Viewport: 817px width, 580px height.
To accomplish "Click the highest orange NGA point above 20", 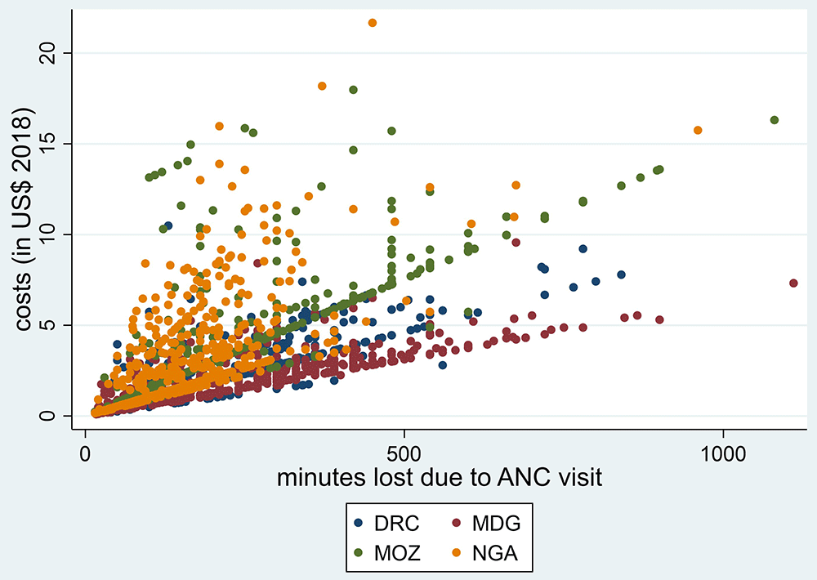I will pos(373,23).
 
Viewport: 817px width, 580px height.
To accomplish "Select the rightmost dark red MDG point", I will pos(793,283).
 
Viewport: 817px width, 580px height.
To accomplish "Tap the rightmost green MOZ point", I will pos(775,120).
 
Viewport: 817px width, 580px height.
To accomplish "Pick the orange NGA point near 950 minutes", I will pos(698,131).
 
